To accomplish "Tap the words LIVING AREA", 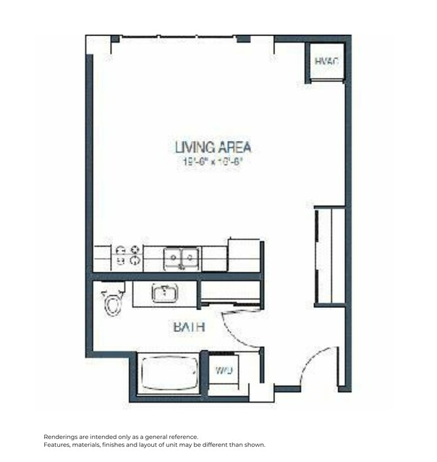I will tap(213, 147).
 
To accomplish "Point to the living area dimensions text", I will tap(213, 162).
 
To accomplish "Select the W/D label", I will tap(224, 371).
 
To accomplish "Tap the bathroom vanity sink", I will tap(165, 294).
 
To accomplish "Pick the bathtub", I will tap(168, 374).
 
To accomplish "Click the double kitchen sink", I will tap(182, 257).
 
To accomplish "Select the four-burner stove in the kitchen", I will tap(128, 257).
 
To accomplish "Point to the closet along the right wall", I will tap(330, 255).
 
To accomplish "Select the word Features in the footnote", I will tap(59, 445).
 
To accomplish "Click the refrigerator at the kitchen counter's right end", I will tap(243, 254).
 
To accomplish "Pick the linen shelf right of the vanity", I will tap(229, 293).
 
